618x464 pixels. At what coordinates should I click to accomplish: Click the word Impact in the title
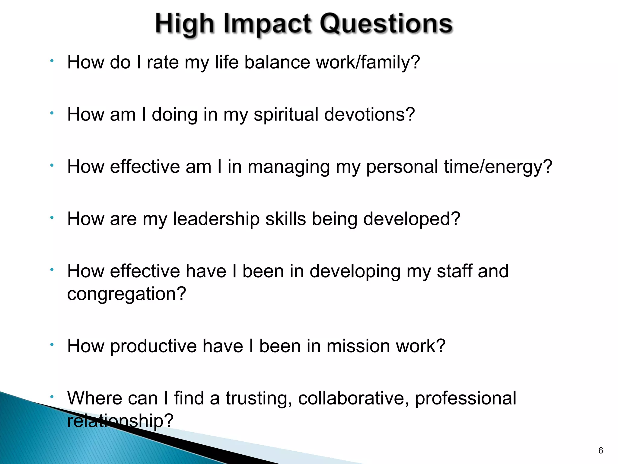[267, 24]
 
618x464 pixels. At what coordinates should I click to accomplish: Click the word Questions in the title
[386, 24]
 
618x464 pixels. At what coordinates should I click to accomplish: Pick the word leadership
[216, 219]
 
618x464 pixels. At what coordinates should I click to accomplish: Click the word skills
[285, 219]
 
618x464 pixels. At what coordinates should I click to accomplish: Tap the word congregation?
[126, 294]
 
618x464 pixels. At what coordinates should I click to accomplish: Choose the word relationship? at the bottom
[120, 420]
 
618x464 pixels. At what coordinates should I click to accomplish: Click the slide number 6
[600, 451]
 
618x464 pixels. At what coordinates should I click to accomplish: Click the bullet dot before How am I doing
[52, 113]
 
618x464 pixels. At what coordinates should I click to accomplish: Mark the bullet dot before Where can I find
[52, 396]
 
